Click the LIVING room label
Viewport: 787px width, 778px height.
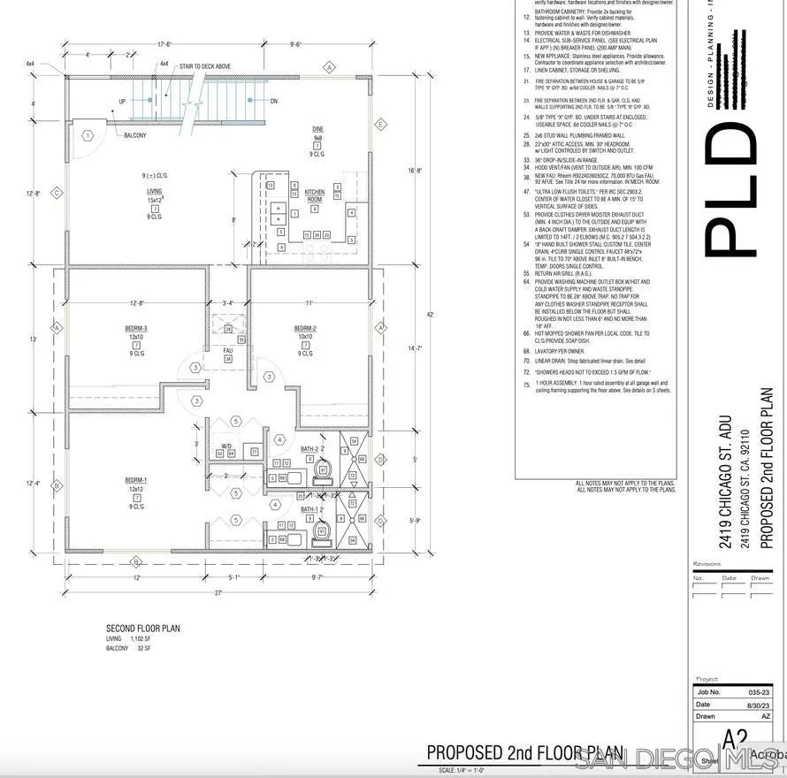pos(154,191)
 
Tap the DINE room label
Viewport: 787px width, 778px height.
pos(318,130)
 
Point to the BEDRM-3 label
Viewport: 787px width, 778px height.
pos(136,329)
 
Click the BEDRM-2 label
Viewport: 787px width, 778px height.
pos(304,329)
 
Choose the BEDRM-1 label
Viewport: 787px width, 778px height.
pos(136,482)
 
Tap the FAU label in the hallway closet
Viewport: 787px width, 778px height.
pos(227,349)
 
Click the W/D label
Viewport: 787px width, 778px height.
pos(226,446)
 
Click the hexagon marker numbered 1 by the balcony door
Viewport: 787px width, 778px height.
pos(88,135)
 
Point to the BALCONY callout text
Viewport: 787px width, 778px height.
pos(135,135)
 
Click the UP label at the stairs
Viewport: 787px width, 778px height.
pos(121,102)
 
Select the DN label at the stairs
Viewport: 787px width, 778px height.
pos(274,100)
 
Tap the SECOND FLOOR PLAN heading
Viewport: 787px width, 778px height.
pos(143,629)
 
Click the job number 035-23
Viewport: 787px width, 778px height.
pos(759,692)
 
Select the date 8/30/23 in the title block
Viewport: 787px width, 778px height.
pos(758,705)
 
